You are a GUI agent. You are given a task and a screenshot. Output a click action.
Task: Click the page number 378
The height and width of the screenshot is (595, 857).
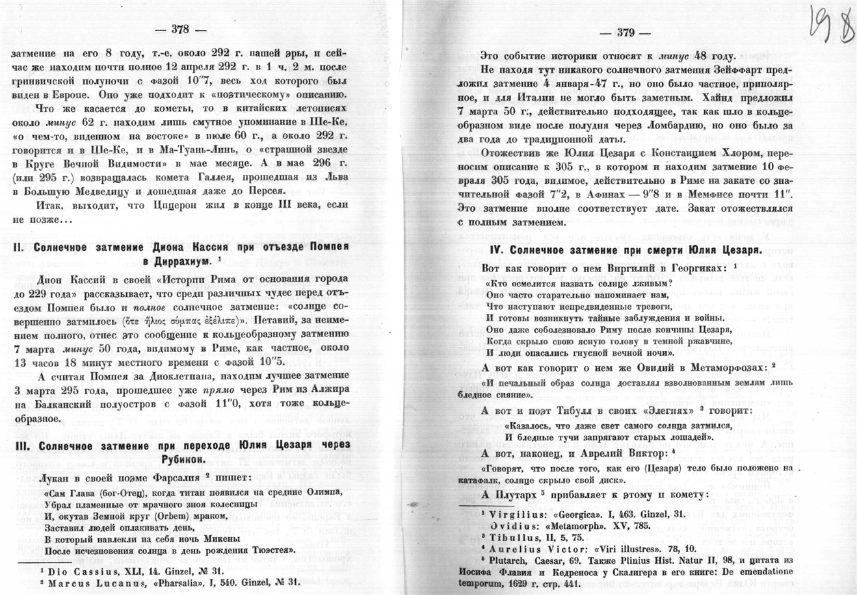click(x=179, y=29)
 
